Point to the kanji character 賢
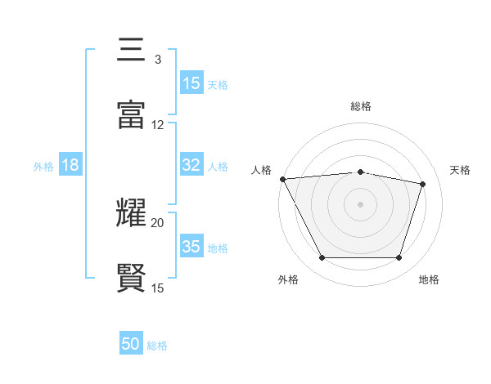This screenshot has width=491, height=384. pyautogui.click(x=131, y=279)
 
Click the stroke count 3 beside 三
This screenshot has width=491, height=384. pyautogui.click(x=157, y=60)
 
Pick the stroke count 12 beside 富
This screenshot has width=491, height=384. pyautogui.click(x=158, y=125)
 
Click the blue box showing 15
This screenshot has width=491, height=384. pyautogui.click(x=191, y=83)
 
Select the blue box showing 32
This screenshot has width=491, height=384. pyautogui.click(x=191, y=165)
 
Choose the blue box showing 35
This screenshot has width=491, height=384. pyautogui.click(x=191, y=247)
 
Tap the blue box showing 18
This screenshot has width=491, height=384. pyautogui.click(x=70, y=165)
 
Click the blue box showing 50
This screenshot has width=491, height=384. pyautogui.click(x=131, y=344)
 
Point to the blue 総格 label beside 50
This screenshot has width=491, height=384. pyautogui.click(x=157, y=346)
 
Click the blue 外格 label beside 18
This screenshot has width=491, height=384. pyautogui.click(x=43, y=166)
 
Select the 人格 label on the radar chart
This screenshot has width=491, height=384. pyautogui.click(x=262, y=170)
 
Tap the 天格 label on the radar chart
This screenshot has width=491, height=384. pyautogui.click(x=460, y=170)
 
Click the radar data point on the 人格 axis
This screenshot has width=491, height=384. pyautogui.click(x=282, y=179)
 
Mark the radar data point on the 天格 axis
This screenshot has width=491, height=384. pyautogui.click(x=423, y=184)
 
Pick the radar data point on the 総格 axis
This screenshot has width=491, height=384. pyautogui.click(x=360, y=172)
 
